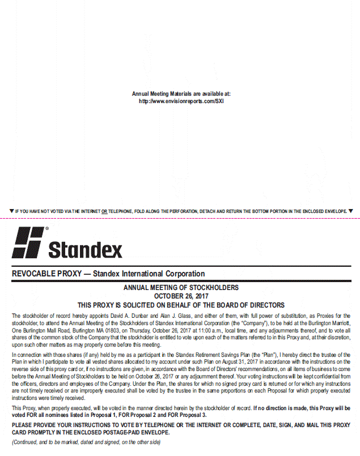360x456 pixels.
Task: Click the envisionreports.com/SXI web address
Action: pos(181,101)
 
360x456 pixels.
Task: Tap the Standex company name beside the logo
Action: pos(85,249)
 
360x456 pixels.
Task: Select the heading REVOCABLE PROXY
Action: pos(45,274)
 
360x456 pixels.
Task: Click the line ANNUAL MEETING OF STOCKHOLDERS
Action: pos(181,288)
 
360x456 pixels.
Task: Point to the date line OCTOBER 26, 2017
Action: pos(181,296)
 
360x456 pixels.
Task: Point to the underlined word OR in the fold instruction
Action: pos(104,211)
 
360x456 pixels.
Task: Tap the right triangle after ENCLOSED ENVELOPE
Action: pos(350,211)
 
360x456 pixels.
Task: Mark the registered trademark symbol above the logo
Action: pos(46,229)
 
